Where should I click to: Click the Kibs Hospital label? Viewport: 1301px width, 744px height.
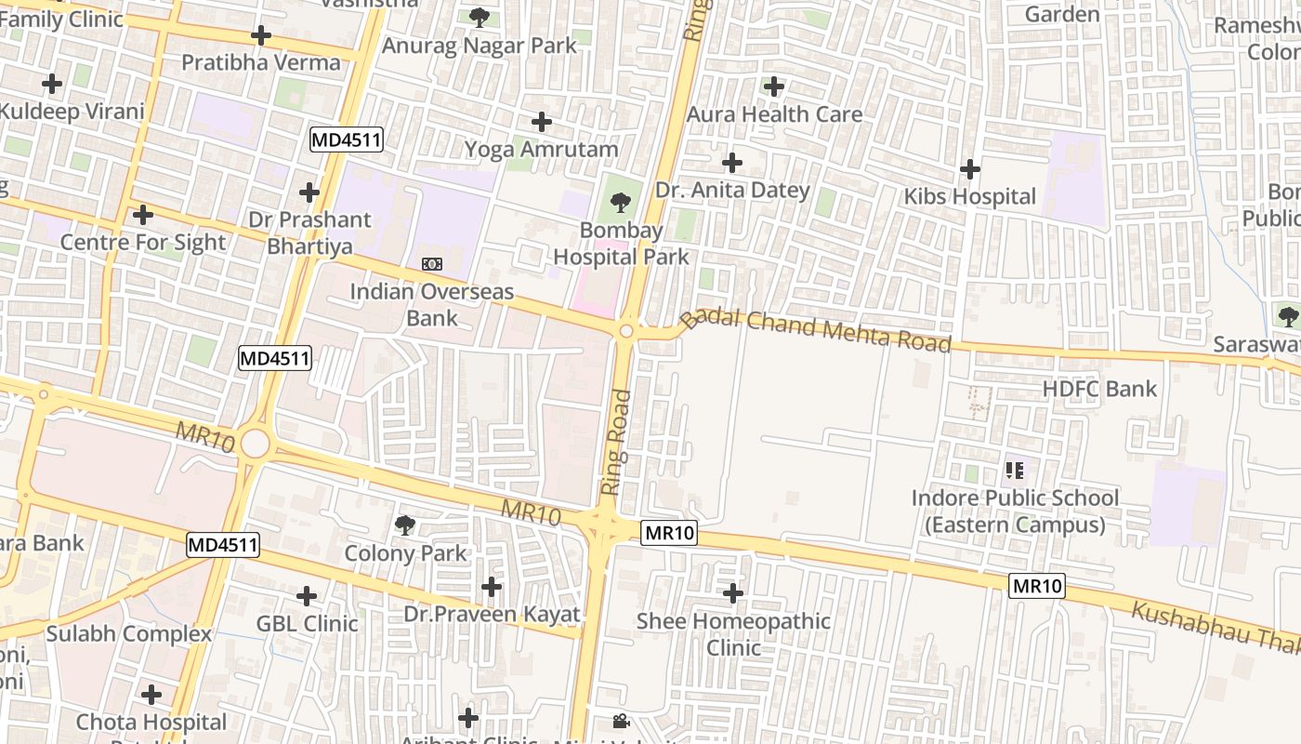pyautogui.click(x=969, y=196)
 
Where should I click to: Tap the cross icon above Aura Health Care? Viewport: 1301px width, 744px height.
pyautogui.click(x=773, y=87)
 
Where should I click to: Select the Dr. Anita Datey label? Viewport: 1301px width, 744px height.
pyautogui.click(x=732, y=190)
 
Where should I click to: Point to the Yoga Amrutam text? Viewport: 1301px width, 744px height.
pyautogui.click(x=541, y=149)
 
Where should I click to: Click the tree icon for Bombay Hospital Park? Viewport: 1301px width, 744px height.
pyautogui.click(x=620, y=201)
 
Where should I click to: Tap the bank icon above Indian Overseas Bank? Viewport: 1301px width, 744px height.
pyautogui.click(x=432, y=264)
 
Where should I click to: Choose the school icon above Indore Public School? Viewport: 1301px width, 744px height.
pyautogui.click(x=1014, y=471)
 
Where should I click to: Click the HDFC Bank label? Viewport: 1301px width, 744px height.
pyautogui.click(x=1099, y=389)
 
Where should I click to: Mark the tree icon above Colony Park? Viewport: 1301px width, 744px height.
pyautogui.click(x=404, y=525)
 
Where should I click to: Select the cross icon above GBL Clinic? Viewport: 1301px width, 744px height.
pyautogui.click(x=307, y=596)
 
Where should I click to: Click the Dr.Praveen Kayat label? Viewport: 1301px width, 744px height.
pyautogui.click(x=492, y=614)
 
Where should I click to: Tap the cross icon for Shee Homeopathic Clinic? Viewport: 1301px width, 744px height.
pyautogui.click(x=733, y=592)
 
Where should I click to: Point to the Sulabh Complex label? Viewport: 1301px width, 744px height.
pyautogui.click(x=129, y=634)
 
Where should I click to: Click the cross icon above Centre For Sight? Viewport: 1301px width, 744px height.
pyautogui.click(x=143, y=216)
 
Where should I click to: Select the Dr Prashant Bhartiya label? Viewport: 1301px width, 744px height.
pyautogui.click(x=309, y=232)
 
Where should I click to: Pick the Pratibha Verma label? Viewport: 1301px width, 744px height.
pyautogui.click(x=261, y=62)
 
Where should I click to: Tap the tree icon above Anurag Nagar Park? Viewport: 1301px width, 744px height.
pyautogui.click(x=480, y=18)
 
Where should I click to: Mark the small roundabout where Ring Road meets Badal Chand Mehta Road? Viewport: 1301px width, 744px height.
pyautogui.click(x=626, y=331)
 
